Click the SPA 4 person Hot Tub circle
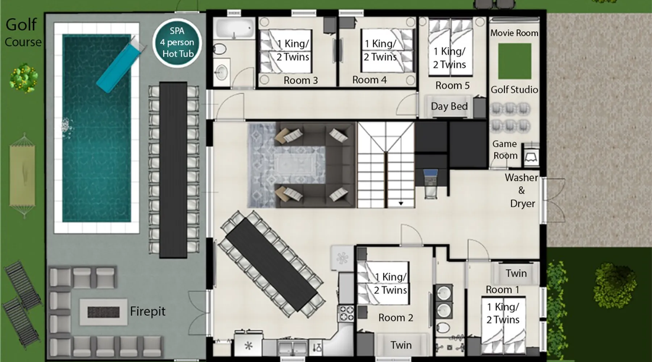pyautogui.click(x=177, y=42)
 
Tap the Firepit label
pyautogui.click(x=148, y=311)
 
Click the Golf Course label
pyautogui.click(x=22, y=33)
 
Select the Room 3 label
pyautogui.click(x=301, y=80)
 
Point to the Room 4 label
pyautogui.click(x=369, y=80)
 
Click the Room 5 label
pyautogui.click(x=452, y=85)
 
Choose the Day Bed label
pyautogui.click(x=449, y=106)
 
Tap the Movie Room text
pyautogui.click(x=514, y=33)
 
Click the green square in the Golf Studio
pyautogui.click(x=514, y=61)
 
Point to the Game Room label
pyautogui.click(x=505, y=150)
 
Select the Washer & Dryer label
pyautogui.click(x=522, y=190)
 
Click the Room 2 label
pyautogui.click(x=396, y=318)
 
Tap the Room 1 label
pyautogui.click(x=502, y=290)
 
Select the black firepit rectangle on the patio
pyautogui.click(x=104, y=312)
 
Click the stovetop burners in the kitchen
pyautogui.click(x=346, y=313)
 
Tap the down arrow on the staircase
pyautogui.click(x=401, y=203)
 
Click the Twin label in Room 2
pyautogui.click(x=401, y=345)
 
